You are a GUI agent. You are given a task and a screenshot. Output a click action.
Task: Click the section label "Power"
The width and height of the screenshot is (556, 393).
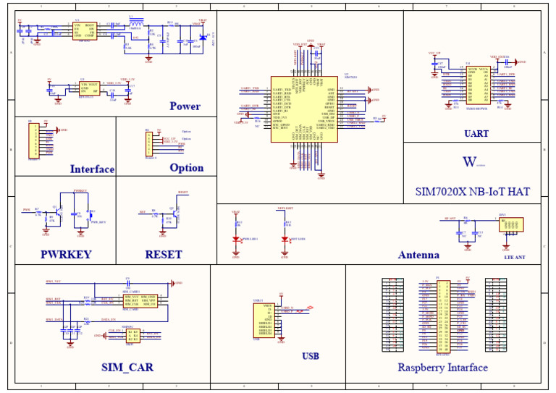click(x=185, y=106)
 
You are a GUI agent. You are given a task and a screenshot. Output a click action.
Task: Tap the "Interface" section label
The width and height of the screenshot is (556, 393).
click(x=92, y=169)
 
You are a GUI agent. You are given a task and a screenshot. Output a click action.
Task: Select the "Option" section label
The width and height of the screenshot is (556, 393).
click(x=186, y=168)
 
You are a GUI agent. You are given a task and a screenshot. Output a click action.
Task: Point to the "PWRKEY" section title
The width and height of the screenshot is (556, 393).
click(x=66, y=255)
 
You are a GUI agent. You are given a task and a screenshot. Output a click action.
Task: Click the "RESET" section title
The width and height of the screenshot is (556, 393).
click(x=164, y=255)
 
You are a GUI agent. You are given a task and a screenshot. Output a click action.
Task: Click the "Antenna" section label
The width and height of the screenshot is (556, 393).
click(x=418, y=255)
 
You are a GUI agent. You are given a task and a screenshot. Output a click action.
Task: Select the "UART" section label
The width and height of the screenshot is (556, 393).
click(x=476, y=134)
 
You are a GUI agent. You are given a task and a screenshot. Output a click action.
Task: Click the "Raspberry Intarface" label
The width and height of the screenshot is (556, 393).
click(x=442, y=368)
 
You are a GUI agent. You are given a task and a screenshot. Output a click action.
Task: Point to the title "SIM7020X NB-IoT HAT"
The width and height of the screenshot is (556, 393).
click(x=472, y=192)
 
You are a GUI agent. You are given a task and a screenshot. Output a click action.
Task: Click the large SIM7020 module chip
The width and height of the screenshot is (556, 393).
click(x=303, y=109)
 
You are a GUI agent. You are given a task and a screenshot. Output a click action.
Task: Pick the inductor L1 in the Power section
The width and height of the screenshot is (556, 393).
click(x=135, y=22)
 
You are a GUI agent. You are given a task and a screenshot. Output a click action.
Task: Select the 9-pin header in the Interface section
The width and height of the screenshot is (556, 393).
click(x=33, y=140)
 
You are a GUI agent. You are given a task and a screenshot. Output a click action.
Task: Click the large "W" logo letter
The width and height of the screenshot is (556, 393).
click(x=470, y=162)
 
